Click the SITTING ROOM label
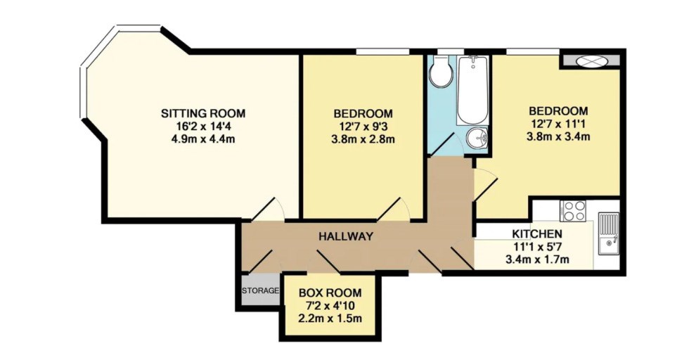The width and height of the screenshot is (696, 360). tap(203, 113)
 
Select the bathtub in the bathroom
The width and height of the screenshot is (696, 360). tap(472, 90)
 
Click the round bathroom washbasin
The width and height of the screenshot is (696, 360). tap(477, 138)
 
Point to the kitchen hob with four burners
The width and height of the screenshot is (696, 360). tap(573, 210)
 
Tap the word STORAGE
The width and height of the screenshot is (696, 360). tap(261, 291)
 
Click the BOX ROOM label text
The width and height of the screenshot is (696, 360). tap(330, 293)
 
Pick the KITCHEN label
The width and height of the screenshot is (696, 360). tap(537, 233)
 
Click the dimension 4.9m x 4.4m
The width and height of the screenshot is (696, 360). tap(203, 139)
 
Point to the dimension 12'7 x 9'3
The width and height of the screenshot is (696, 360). tap(363, 127)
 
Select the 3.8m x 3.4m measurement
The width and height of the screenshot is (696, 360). tap(558, 136)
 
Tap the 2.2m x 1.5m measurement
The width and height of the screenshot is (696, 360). tap(330, 319)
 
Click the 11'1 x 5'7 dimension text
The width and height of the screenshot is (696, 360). tap(537, 246)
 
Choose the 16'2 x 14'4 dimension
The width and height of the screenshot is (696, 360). tap(203, 126)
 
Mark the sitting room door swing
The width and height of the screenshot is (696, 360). tap(269, 209)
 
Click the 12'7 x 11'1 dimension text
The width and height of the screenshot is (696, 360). tap(558, 123)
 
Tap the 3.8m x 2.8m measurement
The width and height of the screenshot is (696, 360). tap(363, 140)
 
